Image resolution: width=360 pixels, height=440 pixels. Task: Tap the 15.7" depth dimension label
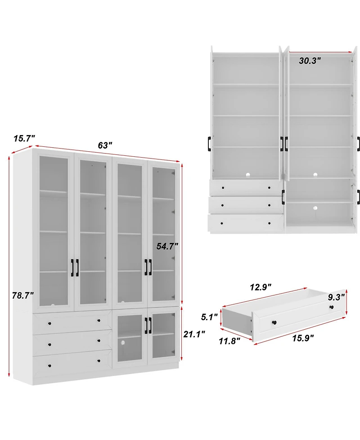(x=24, y=139)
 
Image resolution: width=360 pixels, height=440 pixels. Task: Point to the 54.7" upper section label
(x=167, y=246)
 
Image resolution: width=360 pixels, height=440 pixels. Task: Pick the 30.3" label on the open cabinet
(x=310, y=61)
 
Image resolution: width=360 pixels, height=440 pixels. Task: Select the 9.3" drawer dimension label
(x=336, y=297)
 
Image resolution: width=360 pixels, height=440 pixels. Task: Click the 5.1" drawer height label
(x=209, y=317)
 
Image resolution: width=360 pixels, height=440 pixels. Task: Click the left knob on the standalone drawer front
(x=273, y=322)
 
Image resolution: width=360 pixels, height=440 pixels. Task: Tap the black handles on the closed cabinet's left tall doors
(x=74, y=268)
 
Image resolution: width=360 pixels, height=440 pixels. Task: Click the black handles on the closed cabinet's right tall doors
(x=148, y=267)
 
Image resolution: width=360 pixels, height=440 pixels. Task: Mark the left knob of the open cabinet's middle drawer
(x=223, y=204)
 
